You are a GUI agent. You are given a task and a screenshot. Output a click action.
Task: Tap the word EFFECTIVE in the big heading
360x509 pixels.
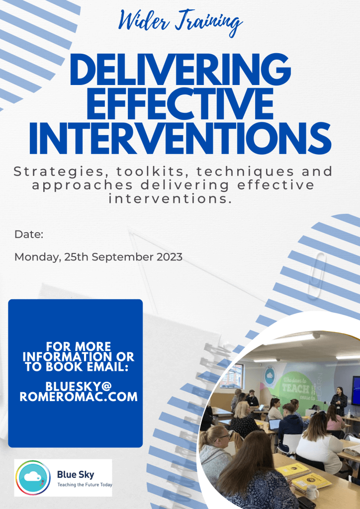(x=180, y=103)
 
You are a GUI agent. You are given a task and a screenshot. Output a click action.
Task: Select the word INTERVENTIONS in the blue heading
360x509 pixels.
(x=180, y=138)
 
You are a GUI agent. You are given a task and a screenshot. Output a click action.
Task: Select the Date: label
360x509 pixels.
(x=29, y=235)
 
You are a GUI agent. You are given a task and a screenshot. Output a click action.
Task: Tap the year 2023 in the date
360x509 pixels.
(x=170, y=257)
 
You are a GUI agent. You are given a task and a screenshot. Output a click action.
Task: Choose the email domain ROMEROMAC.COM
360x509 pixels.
(x=79, y=397)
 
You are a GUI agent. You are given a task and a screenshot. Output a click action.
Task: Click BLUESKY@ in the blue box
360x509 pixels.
(x=79, y=386)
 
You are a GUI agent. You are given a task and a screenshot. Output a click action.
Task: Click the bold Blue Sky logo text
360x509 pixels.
(x=76, y=475)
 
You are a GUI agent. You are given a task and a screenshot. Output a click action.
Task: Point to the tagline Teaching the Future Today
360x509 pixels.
(x=85, y=485)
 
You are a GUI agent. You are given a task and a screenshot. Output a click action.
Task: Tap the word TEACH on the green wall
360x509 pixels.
(x=295, y=388)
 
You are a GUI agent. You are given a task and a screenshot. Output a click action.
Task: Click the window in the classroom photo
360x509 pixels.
(x=232, y=376)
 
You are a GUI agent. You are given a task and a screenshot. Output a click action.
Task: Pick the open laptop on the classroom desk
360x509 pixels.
(x=274, y=424)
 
